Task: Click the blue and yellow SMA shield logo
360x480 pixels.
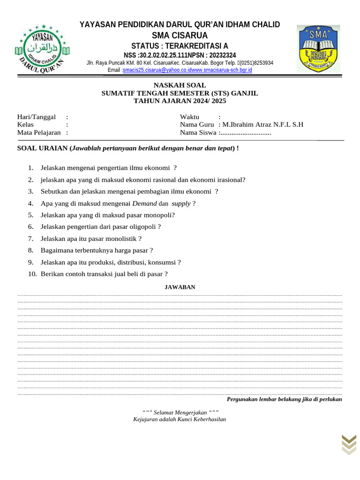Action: [x=318, y=49]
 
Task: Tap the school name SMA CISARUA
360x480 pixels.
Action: [x=180, y=36]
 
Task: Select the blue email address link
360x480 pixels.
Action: [x=187, y=70]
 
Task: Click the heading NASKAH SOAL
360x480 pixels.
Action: [x=180, y=85]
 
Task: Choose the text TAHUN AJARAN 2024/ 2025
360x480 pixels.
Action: [x=180, y=101]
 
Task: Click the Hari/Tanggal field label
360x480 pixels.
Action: [x=36, y=117]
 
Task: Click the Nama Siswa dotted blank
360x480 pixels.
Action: [x=246, y=133]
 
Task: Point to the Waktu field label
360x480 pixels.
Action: [x=189, y=117]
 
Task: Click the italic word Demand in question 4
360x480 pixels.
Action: [x=145, y=203]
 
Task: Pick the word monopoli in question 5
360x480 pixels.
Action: [x=159, y=215]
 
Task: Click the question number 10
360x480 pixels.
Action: [x=32, y=274]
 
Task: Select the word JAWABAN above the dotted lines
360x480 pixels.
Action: [x=180, y=287]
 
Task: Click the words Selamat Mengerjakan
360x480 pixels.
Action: [x=180, y=412]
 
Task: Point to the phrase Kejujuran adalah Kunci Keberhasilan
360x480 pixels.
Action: [x=180, y=419]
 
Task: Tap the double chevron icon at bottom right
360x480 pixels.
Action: [x=348, y=444]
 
